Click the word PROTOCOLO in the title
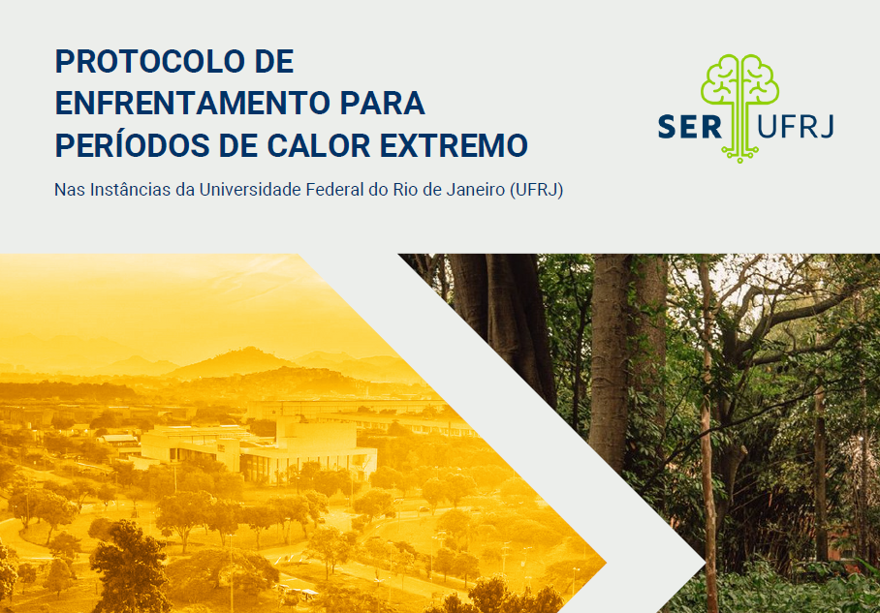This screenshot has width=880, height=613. (150, 61)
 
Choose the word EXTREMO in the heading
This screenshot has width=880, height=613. (454, 145)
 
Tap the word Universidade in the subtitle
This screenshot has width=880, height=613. (250, 190)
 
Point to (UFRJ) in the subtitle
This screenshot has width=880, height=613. (537, 191)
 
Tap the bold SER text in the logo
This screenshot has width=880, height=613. (690, 127)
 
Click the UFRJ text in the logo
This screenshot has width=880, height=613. (796, 127)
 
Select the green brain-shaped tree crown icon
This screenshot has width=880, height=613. (739, 79)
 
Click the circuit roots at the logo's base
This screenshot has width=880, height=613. (739, 151)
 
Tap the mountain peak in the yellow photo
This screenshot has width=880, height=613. (247, 351)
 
